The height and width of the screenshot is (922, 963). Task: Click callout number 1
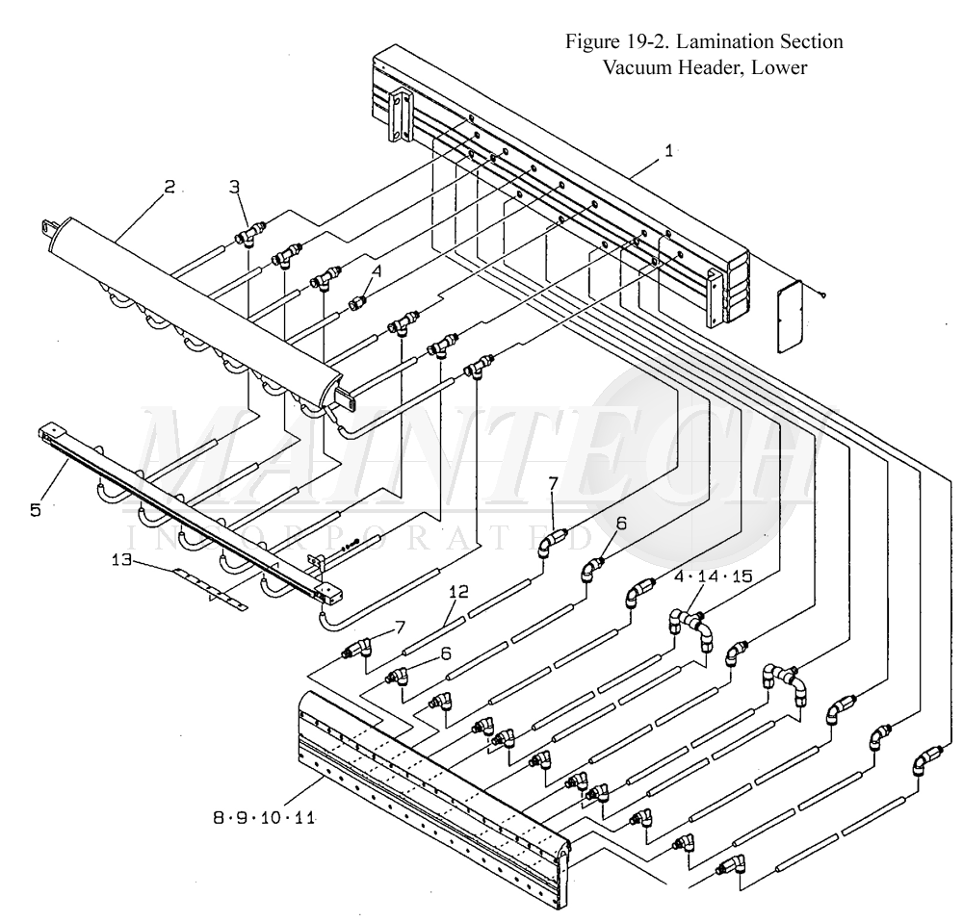(668, 151)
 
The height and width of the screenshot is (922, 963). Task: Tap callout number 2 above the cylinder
(169, 187)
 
